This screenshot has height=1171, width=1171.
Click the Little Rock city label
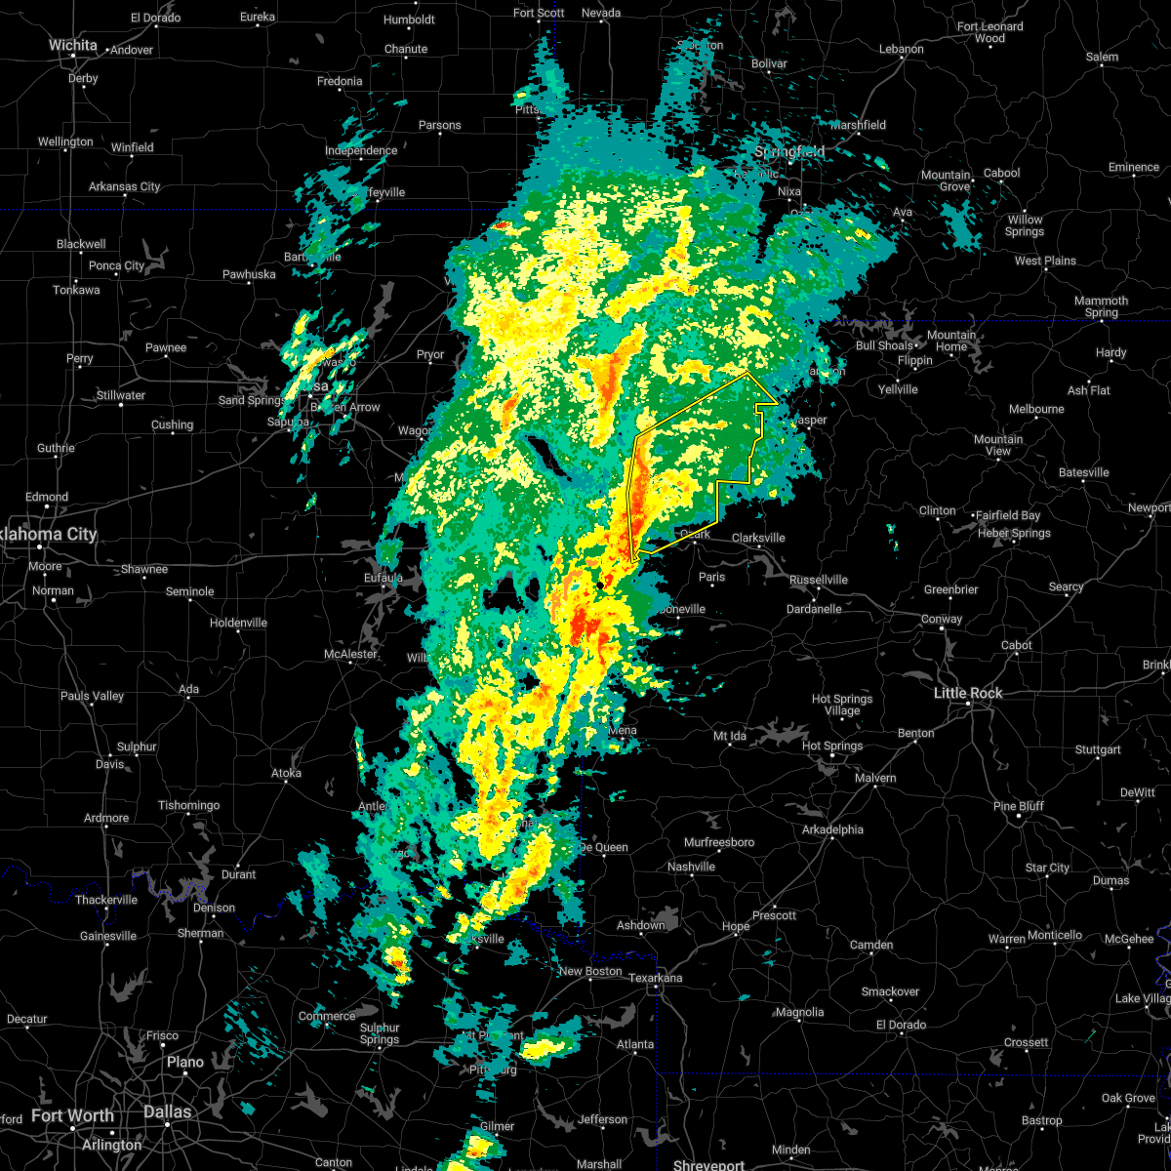pyautogui.click(x=968, y=693)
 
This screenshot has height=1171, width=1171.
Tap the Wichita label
pyautogui.click(x=73, y=45)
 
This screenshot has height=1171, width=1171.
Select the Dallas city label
pyautogui.click(x=167, y=1111)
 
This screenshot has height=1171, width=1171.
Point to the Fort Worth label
pyautogui.click(x=72, y=1115)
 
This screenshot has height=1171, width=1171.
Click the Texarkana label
pyautogui.click(x=655, y=978)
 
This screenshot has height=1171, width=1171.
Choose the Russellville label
pyautogui.click(x=818, y=580)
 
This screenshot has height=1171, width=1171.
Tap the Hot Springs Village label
pyautogui.click(x=842, y=705)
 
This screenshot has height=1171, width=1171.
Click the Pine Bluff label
pyautogui.click(x=1018, y=806)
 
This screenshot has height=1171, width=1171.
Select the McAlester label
pyautogui.click(x=350, y=654)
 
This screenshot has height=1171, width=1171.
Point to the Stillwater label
pyautogui.click(x=121, y=395)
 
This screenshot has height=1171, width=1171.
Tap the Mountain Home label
pyautogui.click(x=950, y=341)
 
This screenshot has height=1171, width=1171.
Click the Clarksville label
pyautogui.click(x=758, y=538)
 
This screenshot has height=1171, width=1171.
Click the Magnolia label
pyautogui.click(x=798, y=1013)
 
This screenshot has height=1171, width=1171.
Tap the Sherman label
pyautogui.click(x=200, y=933)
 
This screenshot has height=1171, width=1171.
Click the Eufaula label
pyautogui.click(x=384, y=578)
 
